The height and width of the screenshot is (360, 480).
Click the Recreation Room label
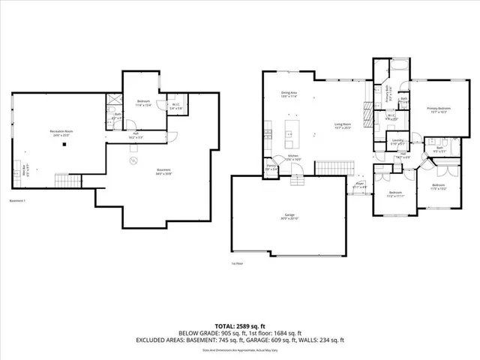[61, 133]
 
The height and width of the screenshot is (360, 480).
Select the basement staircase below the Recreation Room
[67, 181]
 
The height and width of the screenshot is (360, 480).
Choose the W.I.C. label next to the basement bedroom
[174, 107]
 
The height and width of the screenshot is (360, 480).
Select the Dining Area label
[268, 94]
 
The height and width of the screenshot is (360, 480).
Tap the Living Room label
[343, 126]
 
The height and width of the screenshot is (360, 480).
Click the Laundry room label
[398, 142]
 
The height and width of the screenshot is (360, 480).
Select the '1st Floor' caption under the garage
[236, 264]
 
